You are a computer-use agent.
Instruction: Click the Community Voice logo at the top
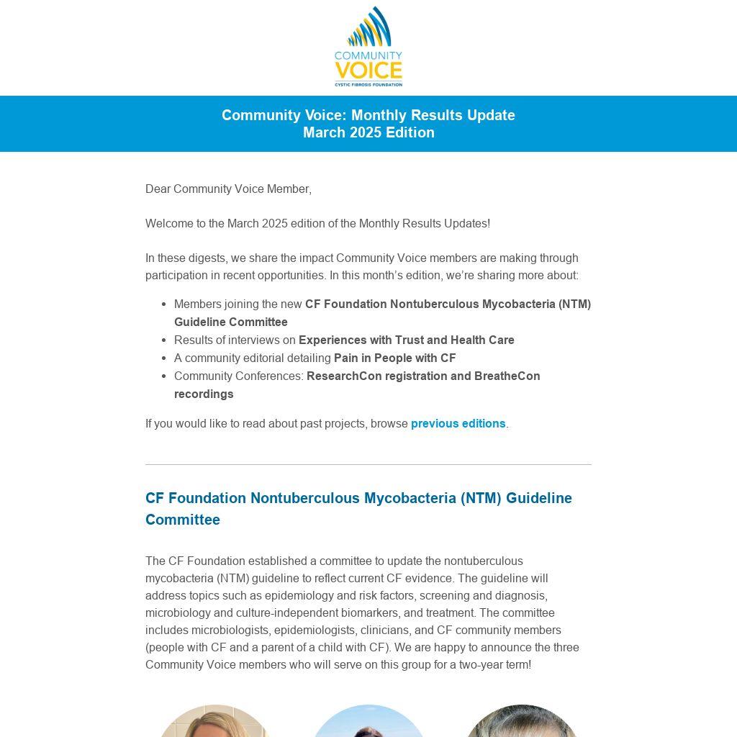point(368,46)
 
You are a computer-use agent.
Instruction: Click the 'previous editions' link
point(458,423)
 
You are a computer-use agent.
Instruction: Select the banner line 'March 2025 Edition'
point(368,132)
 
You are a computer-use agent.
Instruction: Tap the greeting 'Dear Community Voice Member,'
point(228,189)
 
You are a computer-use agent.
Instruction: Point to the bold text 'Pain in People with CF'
point(394,358)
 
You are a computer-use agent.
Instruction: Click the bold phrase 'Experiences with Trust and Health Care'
point(406,340)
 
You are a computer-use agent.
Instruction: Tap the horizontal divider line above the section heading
point(368,464)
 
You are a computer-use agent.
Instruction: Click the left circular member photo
point(214,723)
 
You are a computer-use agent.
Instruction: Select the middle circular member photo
point(368,723)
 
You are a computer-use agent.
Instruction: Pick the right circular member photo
point(522,723)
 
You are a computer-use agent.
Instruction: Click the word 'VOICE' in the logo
point(368,71)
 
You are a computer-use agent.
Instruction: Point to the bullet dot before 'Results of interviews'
point(165,340)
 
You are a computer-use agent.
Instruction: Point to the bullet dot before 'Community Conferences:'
point(165,376)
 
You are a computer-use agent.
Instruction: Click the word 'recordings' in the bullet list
point(204,394)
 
